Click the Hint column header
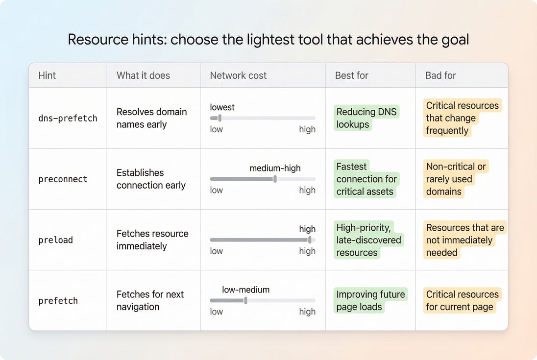pyautogui.click(x=47, y=75)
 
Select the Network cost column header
pyautogui.click(x=238, y=75)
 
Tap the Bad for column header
pyautogui.click(x=440, y=75)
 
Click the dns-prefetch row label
pyautogui.click(x=68, y=118)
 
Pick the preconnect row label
pyautogui.click(x=63, y=179)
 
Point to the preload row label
pyautogui.click(x=55, y=240)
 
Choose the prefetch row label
pyautogui.click(x=58, y=301)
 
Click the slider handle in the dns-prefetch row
pyautogui.click(x=220, y=118)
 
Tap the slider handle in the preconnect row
pyautogui.click(x=275, y=179)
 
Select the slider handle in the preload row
pyautogui.click(x=310, y=240)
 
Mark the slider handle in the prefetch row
pyautogui.click(x=245, y=300)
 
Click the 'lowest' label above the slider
pyautogui.click(x=222, y=107)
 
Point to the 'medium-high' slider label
pyautogui.click(x=275, y=168)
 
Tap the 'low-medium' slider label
pyautogui.click(x=245, y=289)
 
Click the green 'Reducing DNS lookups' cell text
pyautogui.click(x=366, y=118)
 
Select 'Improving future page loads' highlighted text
pyautogui.click(x=370, y=301)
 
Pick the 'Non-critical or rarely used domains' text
pyautogui.click(x=456, y=179)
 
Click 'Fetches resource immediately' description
pyautogui.click(x=152, y=240)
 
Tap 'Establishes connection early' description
pyautogui.click(x=151, y=179)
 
